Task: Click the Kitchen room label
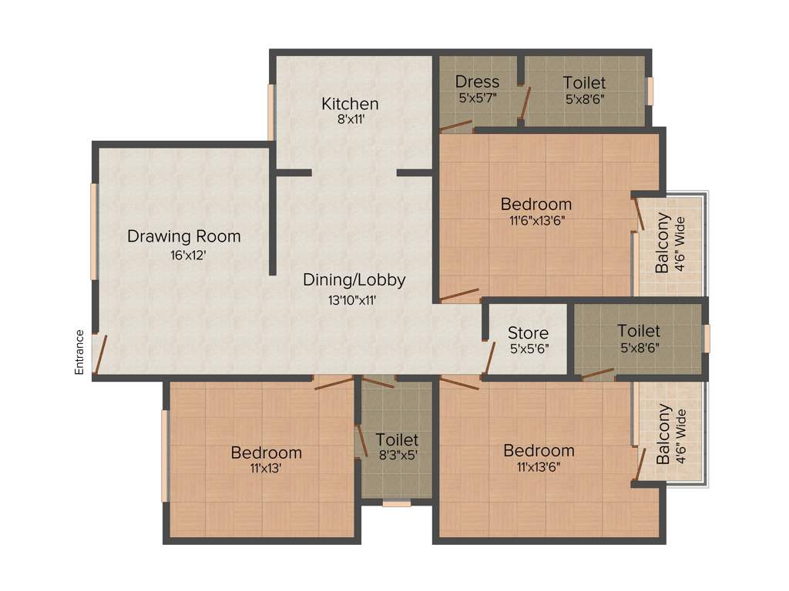tap(350, 103)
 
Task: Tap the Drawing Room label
tap(183, 236)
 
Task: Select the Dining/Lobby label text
tap(354, 280)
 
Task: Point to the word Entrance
tap(79, 352)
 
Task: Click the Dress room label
tap(477, 82)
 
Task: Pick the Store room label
tap(528, 333)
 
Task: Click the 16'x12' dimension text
tap(188, 255)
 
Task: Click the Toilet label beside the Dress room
tap(583, 82)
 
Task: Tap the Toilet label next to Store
tap(638, 331)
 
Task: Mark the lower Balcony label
tap(663, 435)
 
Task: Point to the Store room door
tap(489, 359)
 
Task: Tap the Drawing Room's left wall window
tap(94, 231)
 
